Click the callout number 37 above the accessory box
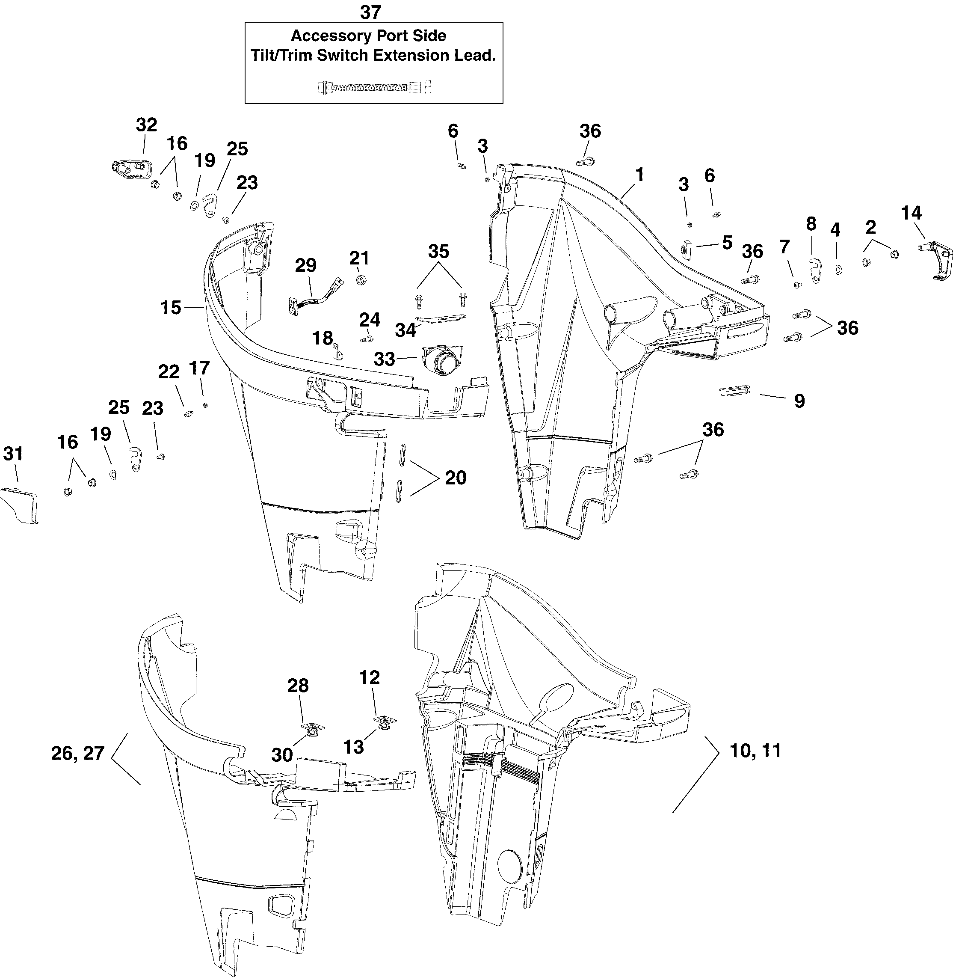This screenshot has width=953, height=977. click(x=370, y=12)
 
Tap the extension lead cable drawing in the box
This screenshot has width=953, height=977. click(x=374, y=88)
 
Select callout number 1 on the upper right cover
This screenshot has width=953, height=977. click(x=639, y=174)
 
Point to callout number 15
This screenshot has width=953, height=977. click(x=171, y=307)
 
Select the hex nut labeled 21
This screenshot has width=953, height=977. click(x=359, y=279)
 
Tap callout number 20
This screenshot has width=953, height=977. click(x=456, y=478)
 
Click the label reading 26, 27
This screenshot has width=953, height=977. click(x=77, y=753)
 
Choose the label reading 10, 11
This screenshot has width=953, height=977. click(x=755, y=751)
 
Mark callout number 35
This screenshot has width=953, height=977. click(x=438, y=251)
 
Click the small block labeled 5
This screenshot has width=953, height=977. click(x=685, y=247)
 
